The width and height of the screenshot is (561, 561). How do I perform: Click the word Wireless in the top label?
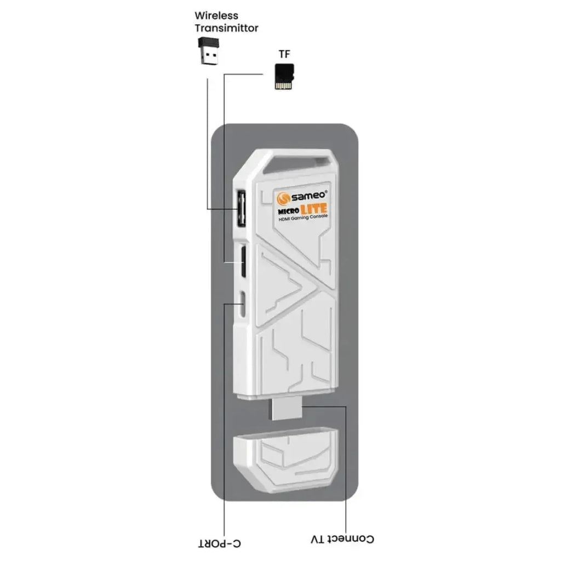pyautogui.click(x=216, y=16)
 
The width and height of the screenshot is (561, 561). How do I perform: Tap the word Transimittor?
pyautogui.click(x=226, y=28)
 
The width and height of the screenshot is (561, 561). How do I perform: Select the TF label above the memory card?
pyautogui.click(x=284, y=54)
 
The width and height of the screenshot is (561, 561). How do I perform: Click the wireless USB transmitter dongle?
pyautogui.click(x=208, y=51)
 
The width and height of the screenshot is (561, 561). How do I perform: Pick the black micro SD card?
pyautogui.click(x=284, y=77)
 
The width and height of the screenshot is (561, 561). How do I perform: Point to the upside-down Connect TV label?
pyautogui.click(x=342, y=539)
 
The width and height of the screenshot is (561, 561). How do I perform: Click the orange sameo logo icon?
pyautogui.click(x=283, y=198)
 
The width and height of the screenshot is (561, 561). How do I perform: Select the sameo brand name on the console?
pyautogui.click(x=308, y=196)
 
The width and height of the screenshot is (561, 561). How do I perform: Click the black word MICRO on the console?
pyautogui.click(x=289, y=211)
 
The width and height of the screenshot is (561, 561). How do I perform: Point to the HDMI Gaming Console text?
pyautogui.click(x=303, y=217)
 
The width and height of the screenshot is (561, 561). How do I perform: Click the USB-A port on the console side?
pyautogui.click(x=241, y=209)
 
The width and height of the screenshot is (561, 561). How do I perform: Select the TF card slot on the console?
pyautogui.click(x=243, y=261)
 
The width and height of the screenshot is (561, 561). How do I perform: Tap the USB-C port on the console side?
pyautogui.click(x=243, y=304)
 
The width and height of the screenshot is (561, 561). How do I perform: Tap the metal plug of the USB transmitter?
pyautogui.click(x=209, y=57)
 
